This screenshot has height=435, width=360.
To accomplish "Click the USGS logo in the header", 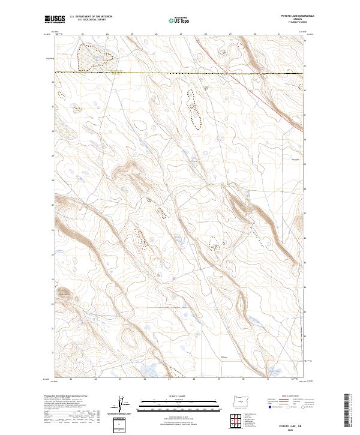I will (53, 20).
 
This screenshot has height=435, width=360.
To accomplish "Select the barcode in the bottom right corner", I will (348, 413).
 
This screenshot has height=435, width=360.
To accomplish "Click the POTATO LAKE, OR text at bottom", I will (293, 426).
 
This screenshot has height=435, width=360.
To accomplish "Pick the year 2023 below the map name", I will (293, 430).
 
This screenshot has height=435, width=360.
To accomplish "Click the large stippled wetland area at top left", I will (95, 57).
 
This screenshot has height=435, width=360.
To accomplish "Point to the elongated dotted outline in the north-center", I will (194, 108).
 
